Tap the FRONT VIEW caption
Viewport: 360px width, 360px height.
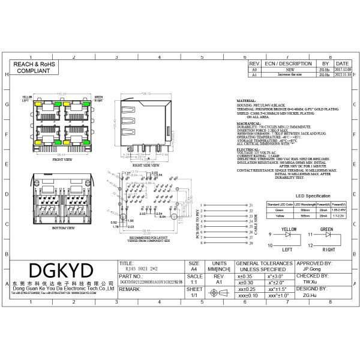point(62,160)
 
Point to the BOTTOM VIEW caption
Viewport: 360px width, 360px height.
point(62,229)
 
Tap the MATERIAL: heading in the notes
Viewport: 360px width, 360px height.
point(247,101)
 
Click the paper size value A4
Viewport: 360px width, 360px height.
point(193,271)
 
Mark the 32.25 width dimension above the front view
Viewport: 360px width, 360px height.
point(61,95)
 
